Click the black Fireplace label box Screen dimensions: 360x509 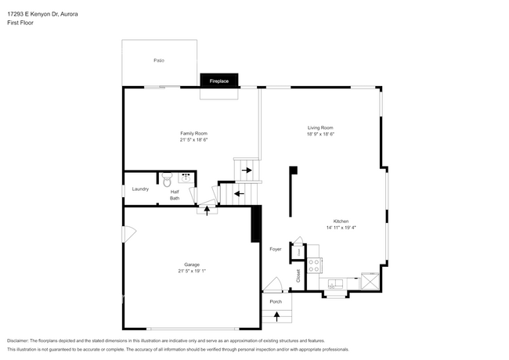click(218, 80)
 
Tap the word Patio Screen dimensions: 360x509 click(158, 60)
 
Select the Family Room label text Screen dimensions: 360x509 click(193, 133)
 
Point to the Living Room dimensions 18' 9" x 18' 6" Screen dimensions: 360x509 click(320, 135)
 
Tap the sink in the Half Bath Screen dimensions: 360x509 click(185, 178)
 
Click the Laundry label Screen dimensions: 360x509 click(140, 189)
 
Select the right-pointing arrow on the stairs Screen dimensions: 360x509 click(247, 170)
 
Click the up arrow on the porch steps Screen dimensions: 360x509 click(276, 316)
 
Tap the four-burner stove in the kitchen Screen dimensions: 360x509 click(314, 265)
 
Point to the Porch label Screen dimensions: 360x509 click(276, 301)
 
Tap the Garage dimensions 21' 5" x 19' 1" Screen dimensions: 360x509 click(192, 271)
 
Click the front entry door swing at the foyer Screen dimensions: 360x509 click(273, 285)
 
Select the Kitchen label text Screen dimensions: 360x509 click(341, 221)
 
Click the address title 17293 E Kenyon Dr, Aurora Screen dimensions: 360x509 click(42, 14)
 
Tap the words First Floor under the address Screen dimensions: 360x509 click(20, 23)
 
